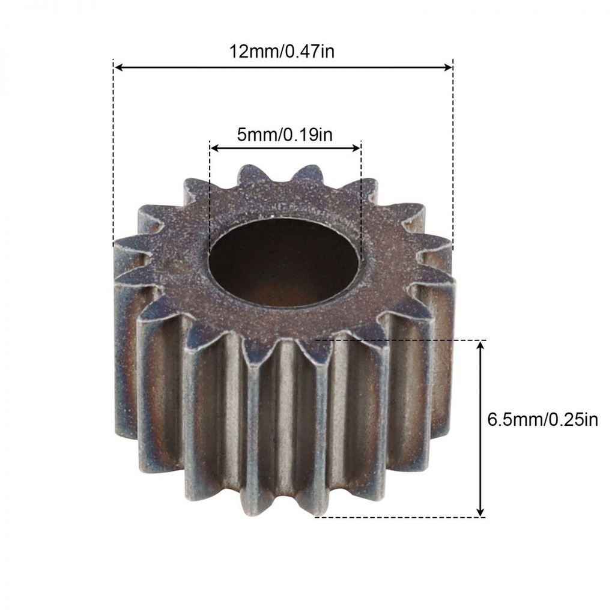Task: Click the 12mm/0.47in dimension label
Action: (282, 52)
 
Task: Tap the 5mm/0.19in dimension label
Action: (285, 135)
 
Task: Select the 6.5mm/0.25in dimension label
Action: (542, 420)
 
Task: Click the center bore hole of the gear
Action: (284, 262)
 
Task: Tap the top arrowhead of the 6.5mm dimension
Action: (480, 346)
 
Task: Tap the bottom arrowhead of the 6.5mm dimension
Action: (480, 512)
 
